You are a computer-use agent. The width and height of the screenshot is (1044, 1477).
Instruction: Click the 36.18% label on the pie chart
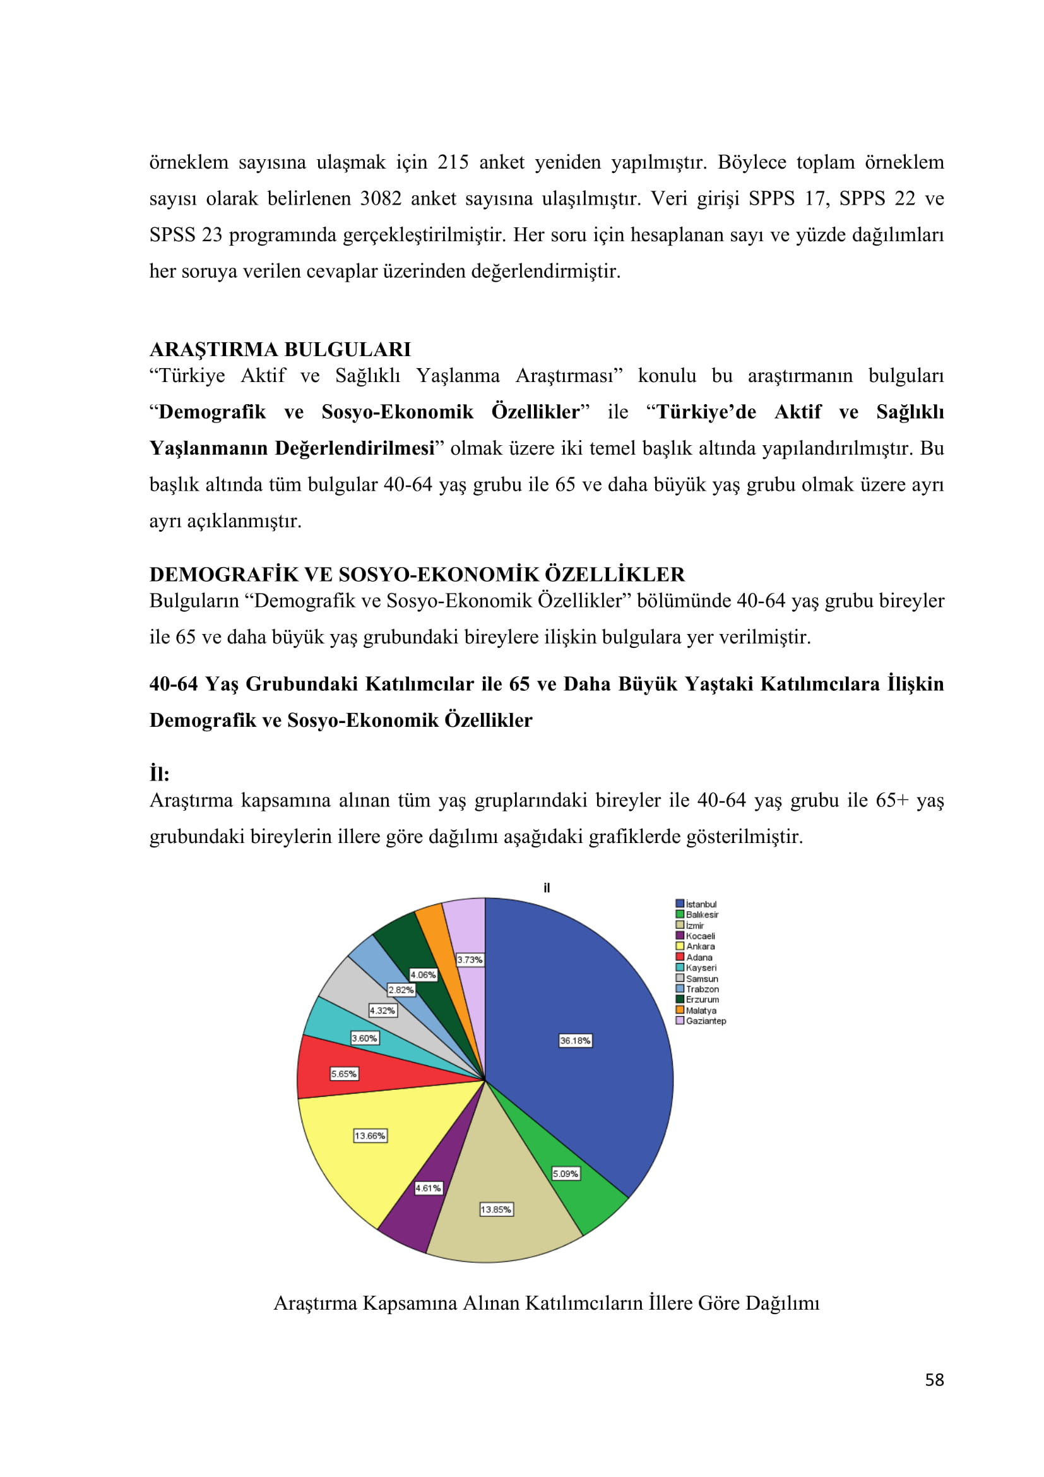pyautogui.click(x=575, y=1040)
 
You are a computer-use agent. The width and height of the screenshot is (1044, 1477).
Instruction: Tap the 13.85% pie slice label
pyautogui.click(x=495, y=1209)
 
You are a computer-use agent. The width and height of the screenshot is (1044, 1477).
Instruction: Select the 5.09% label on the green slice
pyautogui.click(x=565, y=1173)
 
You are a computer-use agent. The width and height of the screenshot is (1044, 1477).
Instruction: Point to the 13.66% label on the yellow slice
pyautogui.click(x=370, y=1135)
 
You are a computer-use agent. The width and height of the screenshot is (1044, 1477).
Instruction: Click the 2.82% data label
pyautogui.click(x=401, y=990)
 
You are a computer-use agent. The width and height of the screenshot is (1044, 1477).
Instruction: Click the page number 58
pyautogui.click(x=934, y=1380)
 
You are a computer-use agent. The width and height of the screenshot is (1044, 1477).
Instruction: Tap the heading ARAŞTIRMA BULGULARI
pyautogui.click(x=280, y=349)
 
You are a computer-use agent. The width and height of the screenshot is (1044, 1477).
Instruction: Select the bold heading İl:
pyautogui.click(x=160, y=774)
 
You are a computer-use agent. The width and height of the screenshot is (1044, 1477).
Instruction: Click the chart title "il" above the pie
pyautogui.click(x=547, y=888)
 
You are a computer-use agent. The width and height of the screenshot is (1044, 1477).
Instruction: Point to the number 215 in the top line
pyautogui.click(x=453, y=162)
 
